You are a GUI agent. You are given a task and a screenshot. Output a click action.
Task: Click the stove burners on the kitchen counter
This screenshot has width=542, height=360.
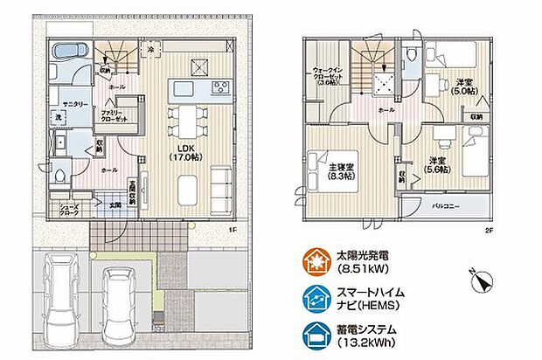click(218, 87)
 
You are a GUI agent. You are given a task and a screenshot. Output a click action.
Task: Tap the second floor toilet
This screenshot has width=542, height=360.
click(410, 55)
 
